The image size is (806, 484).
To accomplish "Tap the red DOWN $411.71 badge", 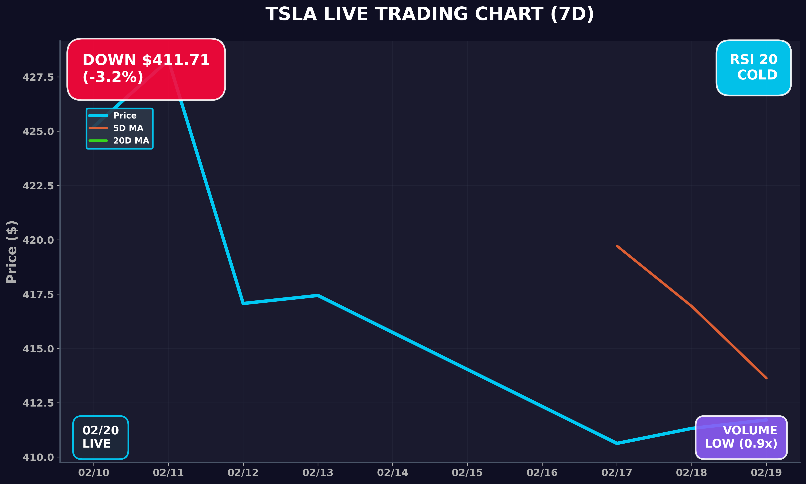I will tap(146, 69).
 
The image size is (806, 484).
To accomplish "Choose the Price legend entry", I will tap(125, 115).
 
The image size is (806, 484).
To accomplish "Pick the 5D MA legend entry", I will tap(128, 128).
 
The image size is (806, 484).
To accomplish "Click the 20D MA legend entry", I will tap(131, 141).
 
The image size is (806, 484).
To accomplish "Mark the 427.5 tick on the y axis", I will tap(38, 77).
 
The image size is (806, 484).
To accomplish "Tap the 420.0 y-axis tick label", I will tap(38, 240).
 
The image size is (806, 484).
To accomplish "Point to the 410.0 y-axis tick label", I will tap(38, 457).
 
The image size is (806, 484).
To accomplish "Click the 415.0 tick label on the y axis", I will tap(38, 349).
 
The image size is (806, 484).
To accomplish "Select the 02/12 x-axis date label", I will tap(243, 473).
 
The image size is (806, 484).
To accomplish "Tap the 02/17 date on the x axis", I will tap(616, 473).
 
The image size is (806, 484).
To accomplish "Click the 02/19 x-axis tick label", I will tap(766, 473).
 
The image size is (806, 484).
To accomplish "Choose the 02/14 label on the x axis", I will tap(392, 473).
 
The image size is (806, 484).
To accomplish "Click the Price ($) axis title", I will tap(12, 252).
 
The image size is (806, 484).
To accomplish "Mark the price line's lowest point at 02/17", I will tap(616, 443).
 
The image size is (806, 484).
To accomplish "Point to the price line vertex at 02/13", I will tap(318, 295).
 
